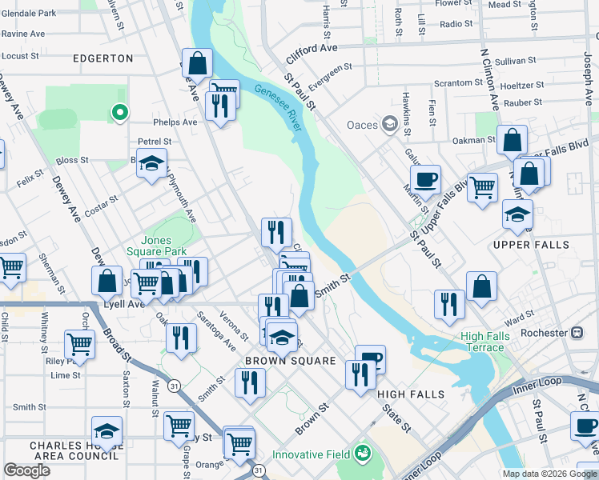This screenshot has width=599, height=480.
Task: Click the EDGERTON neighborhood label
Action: point(103,58)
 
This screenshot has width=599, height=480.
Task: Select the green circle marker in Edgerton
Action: point(119,113)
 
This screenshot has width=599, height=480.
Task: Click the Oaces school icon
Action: point(390,124)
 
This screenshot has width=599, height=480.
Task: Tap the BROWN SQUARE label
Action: point(290,361)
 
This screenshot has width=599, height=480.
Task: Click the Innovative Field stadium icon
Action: point(364,454)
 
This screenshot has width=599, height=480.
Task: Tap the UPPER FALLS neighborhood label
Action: point(531,245)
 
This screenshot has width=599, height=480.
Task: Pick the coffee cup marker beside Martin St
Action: point(425,179)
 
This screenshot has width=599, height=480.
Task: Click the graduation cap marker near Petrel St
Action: point(151,163)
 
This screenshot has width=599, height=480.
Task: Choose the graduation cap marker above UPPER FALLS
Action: point(517,214)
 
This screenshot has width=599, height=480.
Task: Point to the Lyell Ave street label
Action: point(122,304)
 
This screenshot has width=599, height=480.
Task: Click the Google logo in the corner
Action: point(26,470)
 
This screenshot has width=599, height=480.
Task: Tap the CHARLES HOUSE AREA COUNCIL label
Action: point(75,450)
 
